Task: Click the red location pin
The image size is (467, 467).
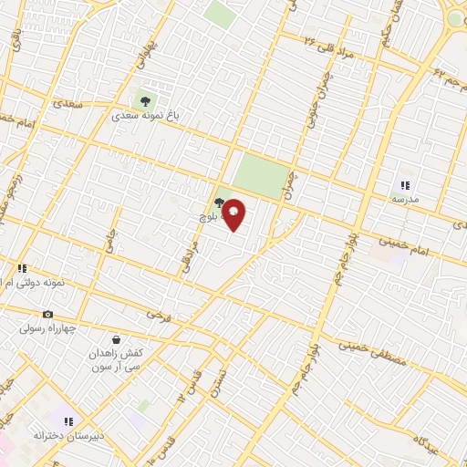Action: pos(234,215)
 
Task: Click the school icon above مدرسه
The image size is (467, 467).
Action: pos(405,184)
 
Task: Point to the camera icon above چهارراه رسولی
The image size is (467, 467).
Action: pos(47,315)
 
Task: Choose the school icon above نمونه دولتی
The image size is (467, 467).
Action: pos(22,268)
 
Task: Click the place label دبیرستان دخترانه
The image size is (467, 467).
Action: pos(69,435)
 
